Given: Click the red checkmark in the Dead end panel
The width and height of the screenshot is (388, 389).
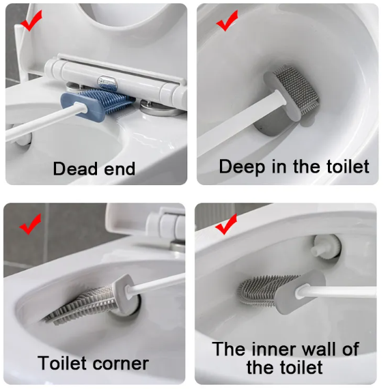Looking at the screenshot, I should (x=29, y=23).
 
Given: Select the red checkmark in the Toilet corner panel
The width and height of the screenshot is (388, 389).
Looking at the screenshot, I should (x=31, y=223).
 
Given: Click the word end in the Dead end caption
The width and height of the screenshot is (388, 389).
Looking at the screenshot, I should (x=116, y=168).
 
